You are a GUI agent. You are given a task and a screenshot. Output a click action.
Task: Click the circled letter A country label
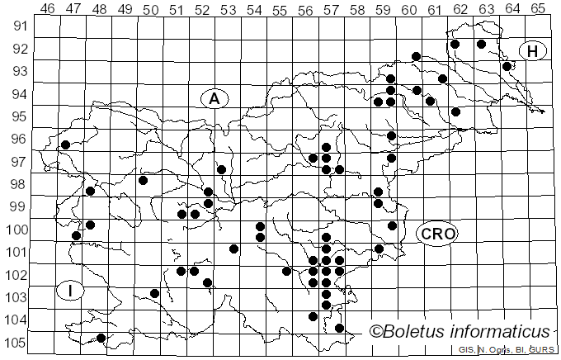(214, 98)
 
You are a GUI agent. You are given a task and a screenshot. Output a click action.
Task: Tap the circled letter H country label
(533, 51)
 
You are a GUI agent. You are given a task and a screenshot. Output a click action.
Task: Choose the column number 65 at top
(538, 8)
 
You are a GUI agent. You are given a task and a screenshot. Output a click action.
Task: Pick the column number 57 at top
(331, 8)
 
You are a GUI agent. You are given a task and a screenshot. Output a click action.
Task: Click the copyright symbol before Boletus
(377, 332)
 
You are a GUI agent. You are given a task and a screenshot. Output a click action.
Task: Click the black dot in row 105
(101, 338)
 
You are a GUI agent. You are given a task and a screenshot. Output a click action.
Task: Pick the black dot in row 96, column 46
(65, 144)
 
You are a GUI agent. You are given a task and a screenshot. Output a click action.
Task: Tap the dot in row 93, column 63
(507, 66)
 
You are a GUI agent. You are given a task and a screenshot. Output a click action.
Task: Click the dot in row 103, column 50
(154, 293)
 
